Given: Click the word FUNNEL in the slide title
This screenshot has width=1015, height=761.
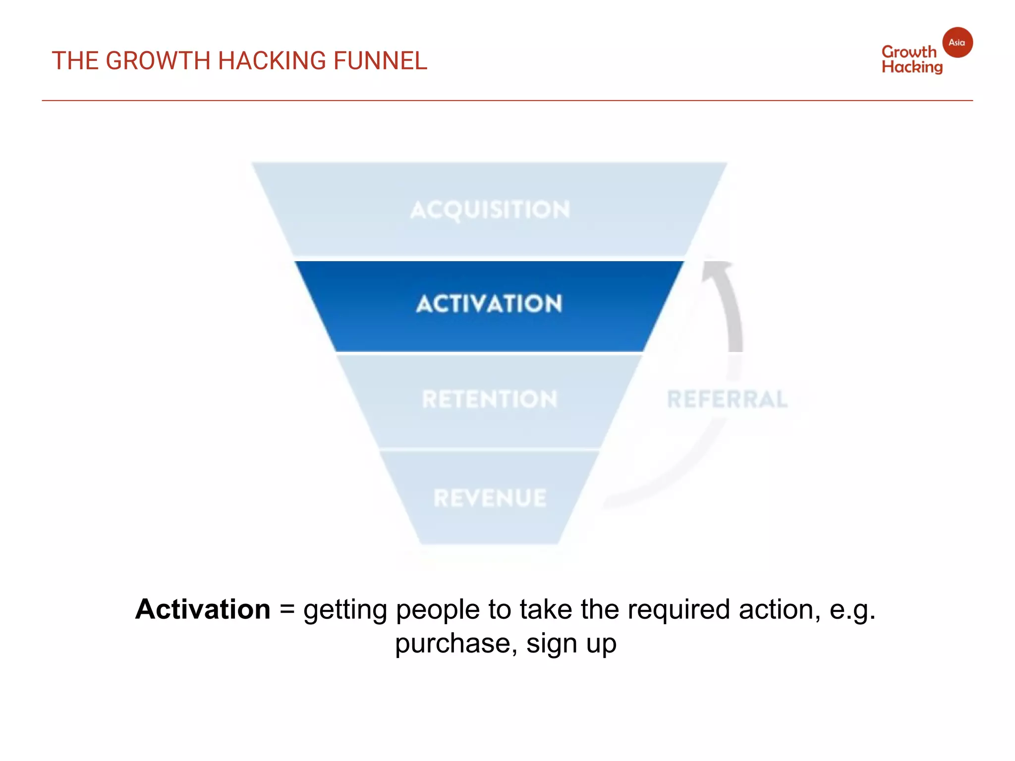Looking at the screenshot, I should coord(380,61).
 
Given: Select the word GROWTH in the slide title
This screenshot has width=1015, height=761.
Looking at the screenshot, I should coord(158,61).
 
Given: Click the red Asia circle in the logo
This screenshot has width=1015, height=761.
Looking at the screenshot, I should coord(957,43).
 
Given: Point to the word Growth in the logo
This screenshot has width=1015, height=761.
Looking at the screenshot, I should coord(908,52).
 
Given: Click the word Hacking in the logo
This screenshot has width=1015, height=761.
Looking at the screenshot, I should coord(912,67).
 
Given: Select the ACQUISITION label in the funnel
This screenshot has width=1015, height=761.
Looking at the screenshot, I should coord(490,210).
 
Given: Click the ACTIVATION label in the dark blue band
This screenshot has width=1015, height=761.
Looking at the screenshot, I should coord(489,304).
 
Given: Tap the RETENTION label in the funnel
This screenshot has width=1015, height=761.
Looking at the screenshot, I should coord(490,399).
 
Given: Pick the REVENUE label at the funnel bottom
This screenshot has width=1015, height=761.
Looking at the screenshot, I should coord(490,498).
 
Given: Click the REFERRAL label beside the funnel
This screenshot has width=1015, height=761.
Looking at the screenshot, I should coord(727,399).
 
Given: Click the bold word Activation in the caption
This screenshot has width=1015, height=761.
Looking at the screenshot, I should coord(203,609).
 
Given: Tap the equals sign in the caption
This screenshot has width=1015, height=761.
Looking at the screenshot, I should coord(287,610).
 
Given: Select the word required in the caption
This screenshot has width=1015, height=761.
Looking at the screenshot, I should coord(678,610).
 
